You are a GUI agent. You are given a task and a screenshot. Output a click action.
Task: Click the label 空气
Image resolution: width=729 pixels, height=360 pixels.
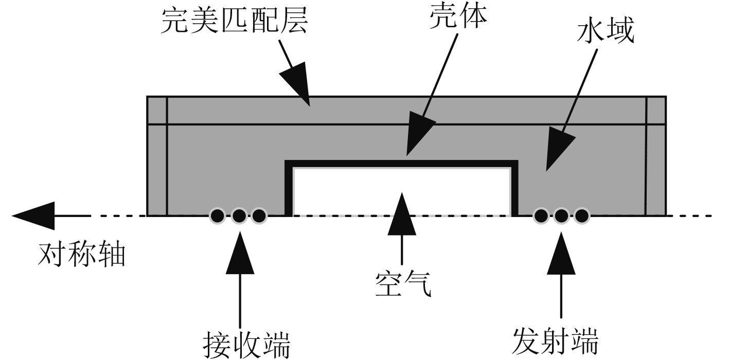tap(402, 284)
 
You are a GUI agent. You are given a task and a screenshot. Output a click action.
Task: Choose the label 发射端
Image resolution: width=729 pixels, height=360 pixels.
tap(556, 340)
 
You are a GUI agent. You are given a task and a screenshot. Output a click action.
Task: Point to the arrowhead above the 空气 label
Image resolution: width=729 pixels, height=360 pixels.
tap(402, 208)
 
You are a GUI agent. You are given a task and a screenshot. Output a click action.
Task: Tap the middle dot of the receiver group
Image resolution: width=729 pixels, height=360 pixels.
tap(238, 215)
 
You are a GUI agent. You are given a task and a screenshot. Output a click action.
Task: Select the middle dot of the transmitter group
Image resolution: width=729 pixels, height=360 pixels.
tap(561, 215)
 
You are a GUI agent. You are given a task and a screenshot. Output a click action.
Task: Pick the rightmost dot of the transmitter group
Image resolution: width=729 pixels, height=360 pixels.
tap(581, 215)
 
